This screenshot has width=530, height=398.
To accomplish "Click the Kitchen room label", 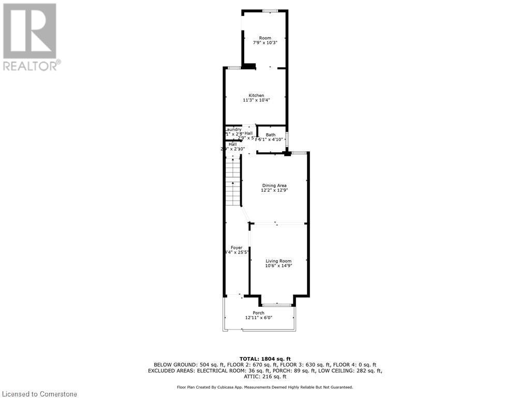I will tap(256, 95).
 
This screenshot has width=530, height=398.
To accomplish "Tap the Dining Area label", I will tap(274, 186).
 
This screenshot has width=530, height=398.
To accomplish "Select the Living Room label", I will tap(278, 261).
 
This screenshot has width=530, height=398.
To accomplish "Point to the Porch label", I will tap(258, 313).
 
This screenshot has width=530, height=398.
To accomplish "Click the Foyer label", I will tap(236, 248).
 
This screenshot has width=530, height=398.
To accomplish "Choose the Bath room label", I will tap(271, 135).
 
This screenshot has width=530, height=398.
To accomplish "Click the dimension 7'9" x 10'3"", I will tap(265, 44).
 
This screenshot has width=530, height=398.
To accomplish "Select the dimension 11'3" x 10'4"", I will tap(256, 101).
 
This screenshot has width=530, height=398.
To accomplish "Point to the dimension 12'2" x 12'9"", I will tap(274, 191).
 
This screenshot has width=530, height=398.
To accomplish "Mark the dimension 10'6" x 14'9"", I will tap(278, 266).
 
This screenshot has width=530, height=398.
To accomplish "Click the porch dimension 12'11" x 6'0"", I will tap(258, 318).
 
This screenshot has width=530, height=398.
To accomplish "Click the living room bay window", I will tap(276, 305).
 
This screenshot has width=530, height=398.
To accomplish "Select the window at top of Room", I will tap(270, 11).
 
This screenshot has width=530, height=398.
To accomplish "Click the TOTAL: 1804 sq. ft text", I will tap(264, 359).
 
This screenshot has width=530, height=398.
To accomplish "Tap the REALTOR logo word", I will tap(32, 66).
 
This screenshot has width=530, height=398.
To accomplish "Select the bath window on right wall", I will tap(287, 140).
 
